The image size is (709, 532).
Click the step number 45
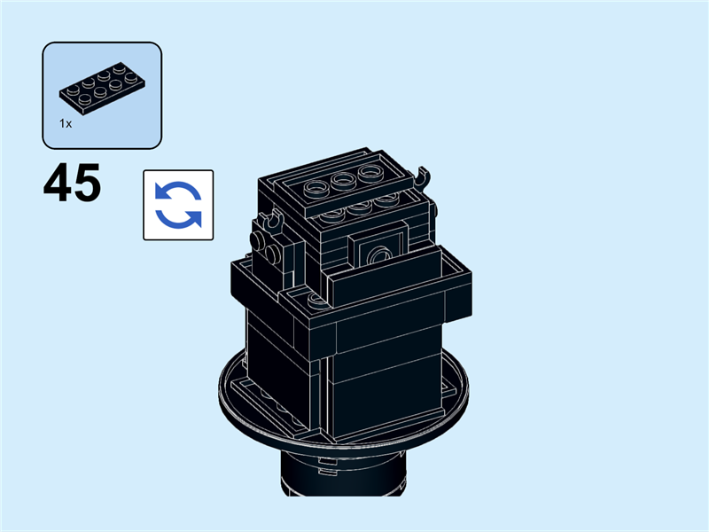(72, 183)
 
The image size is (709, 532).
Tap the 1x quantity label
(66, 123)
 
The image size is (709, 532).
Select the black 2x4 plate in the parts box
(103, 88)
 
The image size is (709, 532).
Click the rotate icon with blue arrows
(178, 205)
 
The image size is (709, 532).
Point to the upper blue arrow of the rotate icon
(177, 190)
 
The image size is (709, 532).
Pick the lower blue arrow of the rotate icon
(179, 220)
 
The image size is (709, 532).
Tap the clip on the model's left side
(274, 223)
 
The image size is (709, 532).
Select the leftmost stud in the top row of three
(316, 187)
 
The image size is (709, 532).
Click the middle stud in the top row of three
(342, 180)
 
